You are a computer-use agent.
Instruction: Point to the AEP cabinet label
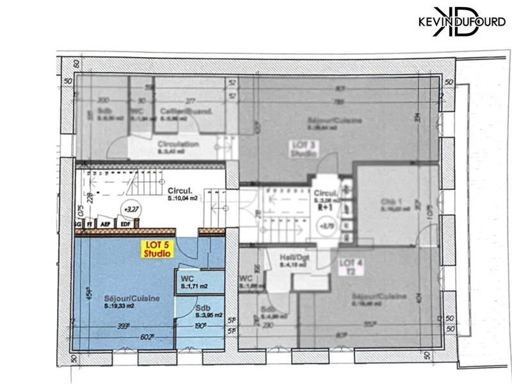pyautogui.click(x=107, y=224)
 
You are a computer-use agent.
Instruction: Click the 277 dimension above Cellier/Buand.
pyautogui.click(x=190, y=100)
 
